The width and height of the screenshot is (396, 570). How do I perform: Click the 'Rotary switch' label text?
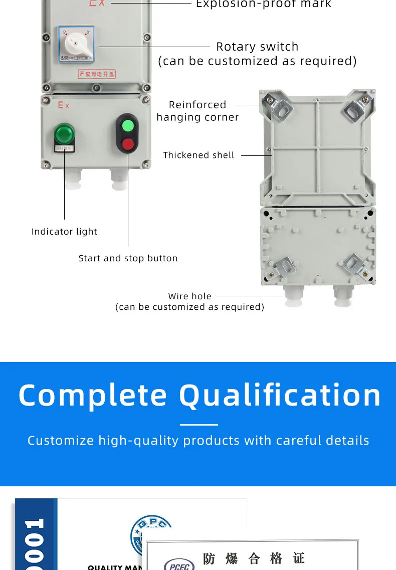[x=257, y=47]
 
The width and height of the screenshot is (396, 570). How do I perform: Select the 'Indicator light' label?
[x=64, y=232]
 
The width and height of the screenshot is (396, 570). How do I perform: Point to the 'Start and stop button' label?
[x=128, y=259]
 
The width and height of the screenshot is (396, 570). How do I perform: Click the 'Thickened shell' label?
[x=199, y=155]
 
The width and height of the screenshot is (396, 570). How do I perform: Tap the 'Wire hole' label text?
[x=189, y=296]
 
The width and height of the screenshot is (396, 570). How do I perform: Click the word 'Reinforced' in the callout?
[x=197, y=105]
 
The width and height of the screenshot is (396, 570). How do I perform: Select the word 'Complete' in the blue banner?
[x=93, y=396]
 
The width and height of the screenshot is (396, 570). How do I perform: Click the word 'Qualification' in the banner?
[x=280, y=396]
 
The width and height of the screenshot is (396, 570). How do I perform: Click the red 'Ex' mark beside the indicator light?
[x=64, y=105]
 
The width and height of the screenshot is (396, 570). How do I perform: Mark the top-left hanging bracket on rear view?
[x=276, y=107]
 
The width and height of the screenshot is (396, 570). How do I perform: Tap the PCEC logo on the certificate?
[x=179, y=564]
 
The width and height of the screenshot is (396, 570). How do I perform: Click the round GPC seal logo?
[x=151, y=534]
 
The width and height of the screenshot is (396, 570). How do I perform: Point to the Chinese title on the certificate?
[x=253, y=558]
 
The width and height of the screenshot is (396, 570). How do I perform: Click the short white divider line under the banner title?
[x=199, y=425]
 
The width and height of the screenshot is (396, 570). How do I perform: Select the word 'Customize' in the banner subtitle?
[x=61, y=441]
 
